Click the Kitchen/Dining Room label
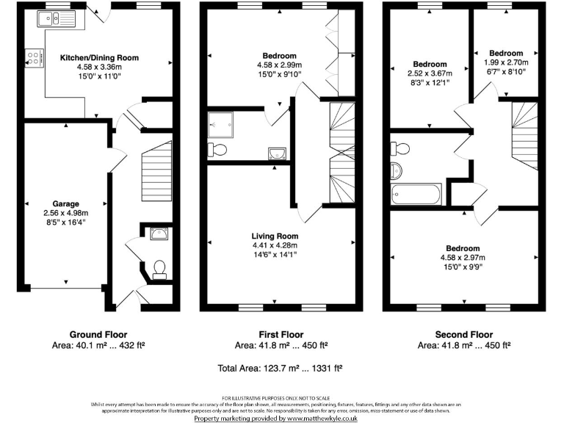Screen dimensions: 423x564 pyautogui.click(x=99, y=57)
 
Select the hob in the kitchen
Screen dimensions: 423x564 pyautogui.click(x=34, y=57)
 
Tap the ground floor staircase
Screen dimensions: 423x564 pyautogui.click(x=155, y=173)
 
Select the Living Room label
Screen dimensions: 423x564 pyautogui.click(x=275, y=236)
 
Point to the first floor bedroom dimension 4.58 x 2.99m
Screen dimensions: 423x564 pyautogui.click(x=280, y=65)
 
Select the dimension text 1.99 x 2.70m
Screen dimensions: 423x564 pyautogui.click(x=506, y=63)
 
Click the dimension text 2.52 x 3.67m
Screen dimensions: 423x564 pyautogui.click(x=430, y=73)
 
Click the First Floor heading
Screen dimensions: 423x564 pyautogui.click(x=281, y=334)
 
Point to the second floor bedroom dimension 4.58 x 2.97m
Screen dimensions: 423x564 pyautogui.click(x=462, y=258)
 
